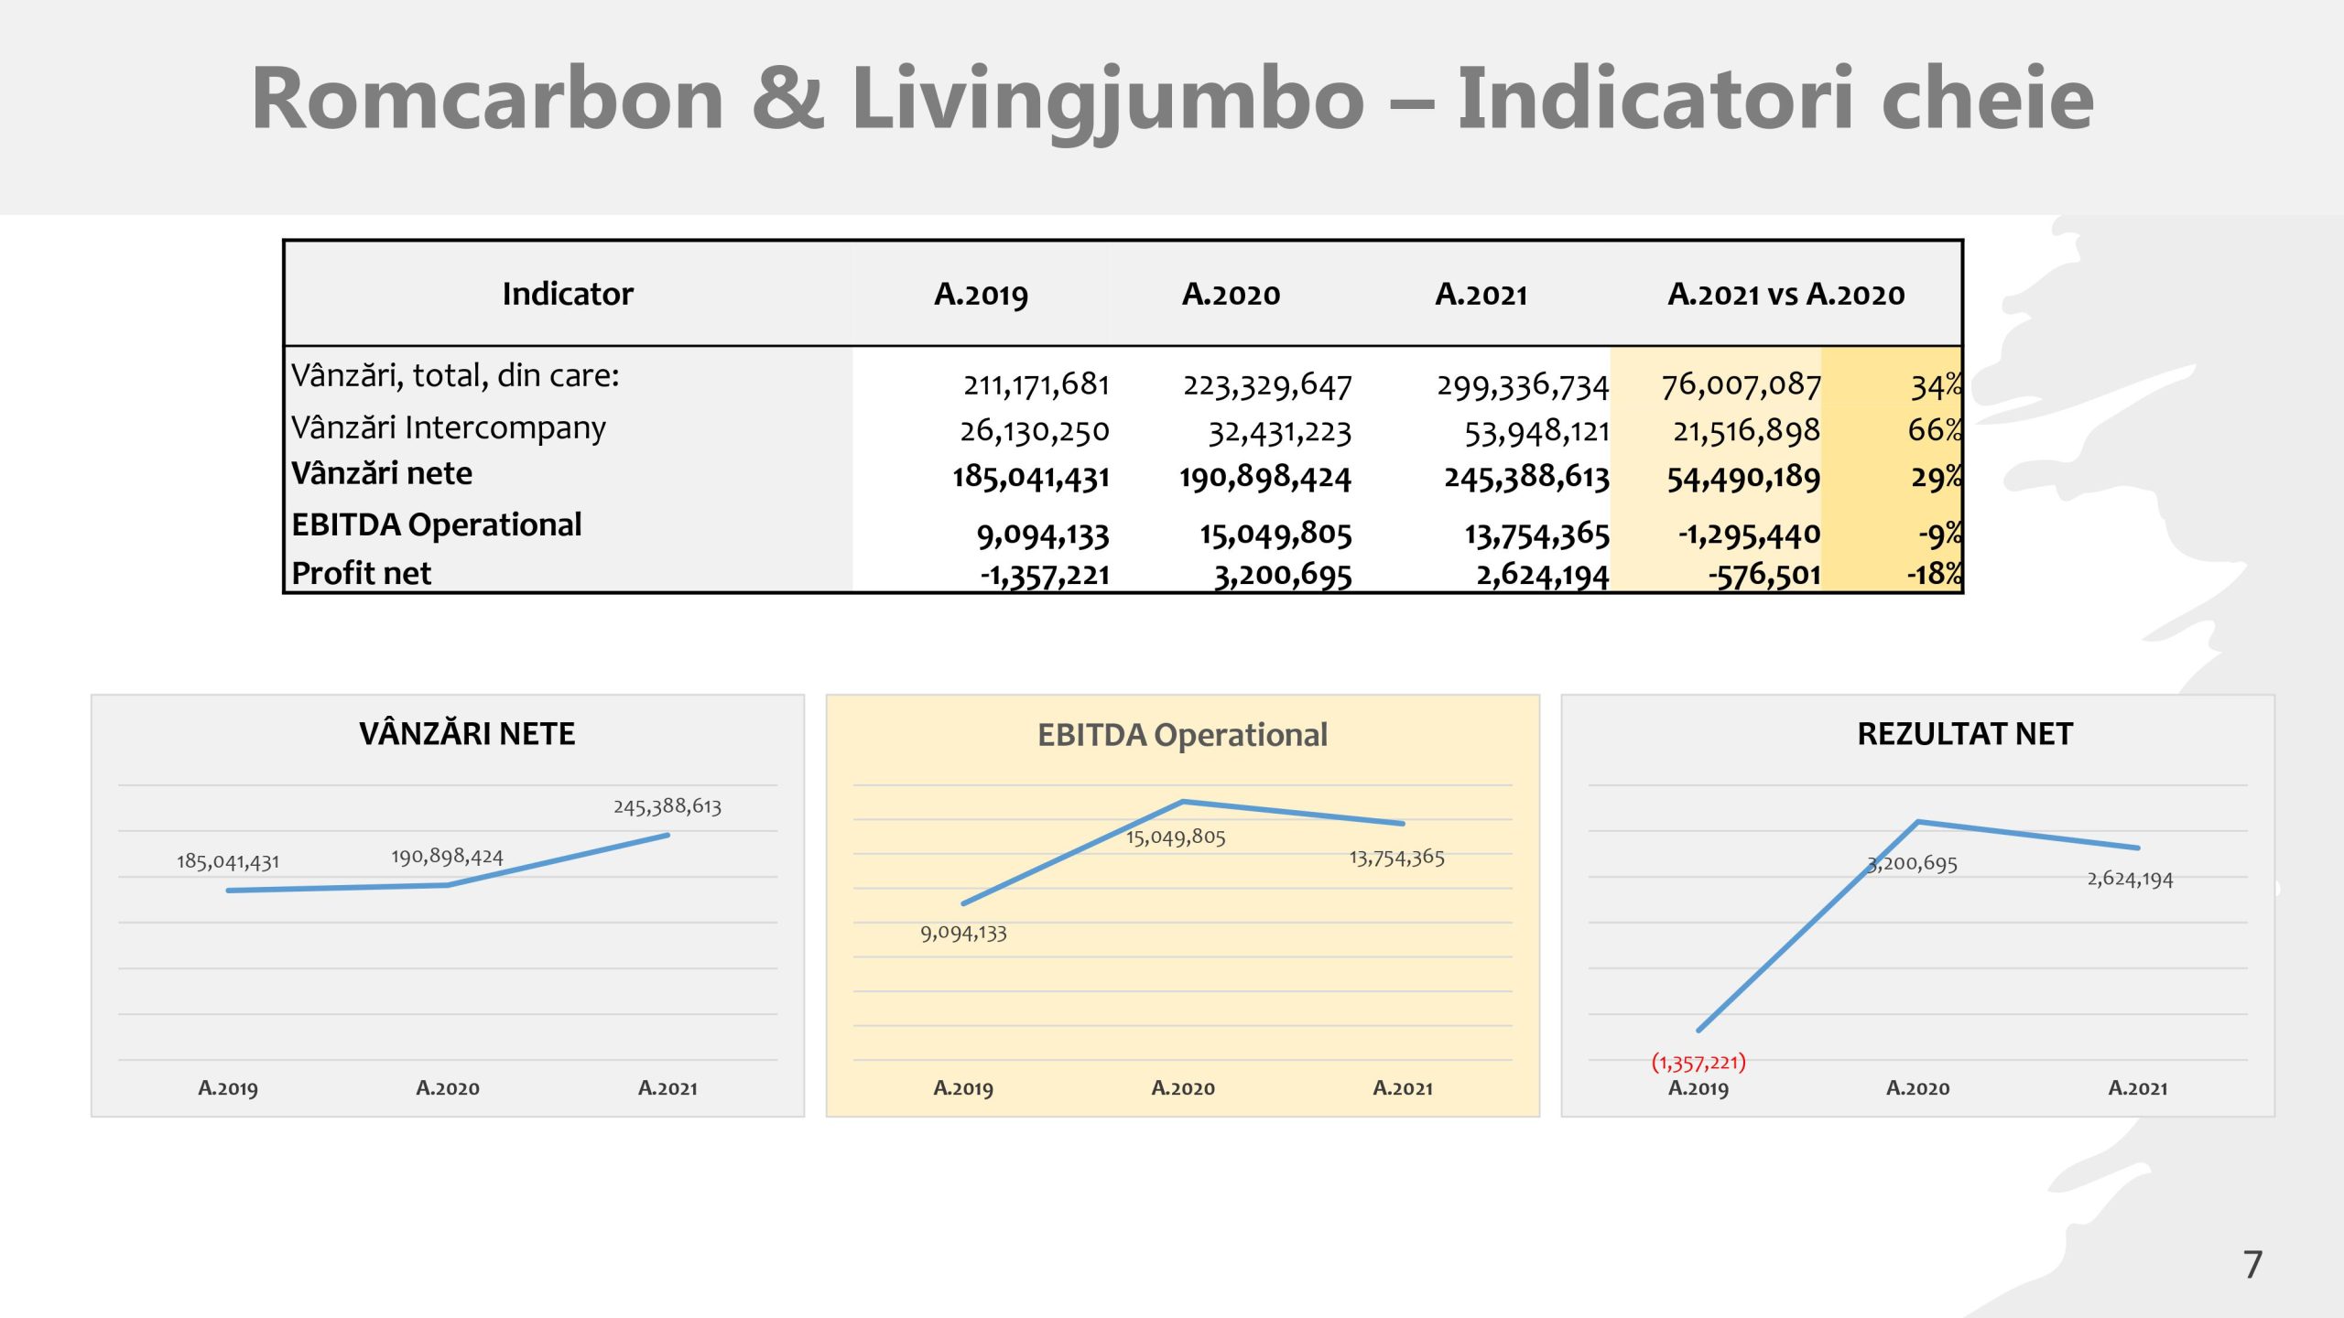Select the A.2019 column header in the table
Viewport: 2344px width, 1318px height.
point(981,295)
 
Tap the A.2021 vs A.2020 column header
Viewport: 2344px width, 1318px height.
point(1785,295)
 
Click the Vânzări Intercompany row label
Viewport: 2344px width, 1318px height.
point(448,428)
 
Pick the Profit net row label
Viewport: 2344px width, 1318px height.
point(361,574)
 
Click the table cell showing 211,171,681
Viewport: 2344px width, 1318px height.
point(1036,385)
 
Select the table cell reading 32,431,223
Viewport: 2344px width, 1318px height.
point(1279,432)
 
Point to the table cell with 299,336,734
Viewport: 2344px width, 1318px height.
point(1522,386)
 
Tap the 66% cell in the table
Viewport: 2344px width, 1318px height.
point(1934,430)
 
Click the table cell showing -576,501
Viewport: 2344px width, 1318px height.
point(1763,576)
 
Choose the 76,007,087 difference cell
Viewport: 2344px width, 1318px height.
point(1741,385)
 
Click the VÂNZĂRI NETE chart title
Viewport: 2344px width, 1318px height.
point(467,734)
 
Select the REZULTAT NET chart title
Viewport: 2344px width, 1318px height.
point(1965,734)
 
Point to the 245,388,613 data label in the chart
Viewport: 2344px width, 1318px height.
point(667,806)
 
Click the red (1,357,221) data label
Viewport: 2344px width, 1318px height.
point(1698,1063)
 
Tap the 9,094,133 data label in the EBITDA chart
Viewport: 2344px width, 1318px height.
point(963,934)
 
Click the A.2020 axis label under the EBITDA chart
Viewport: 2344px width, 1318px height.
point(1183,1088)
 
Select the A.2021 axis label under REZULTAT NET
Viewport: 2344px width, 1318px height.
point(2138,1088)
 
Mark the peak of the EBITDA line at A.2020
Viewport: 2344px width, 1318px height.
point(1183,802)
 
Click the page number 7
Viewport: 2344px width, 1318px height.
point(2253,1265)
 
